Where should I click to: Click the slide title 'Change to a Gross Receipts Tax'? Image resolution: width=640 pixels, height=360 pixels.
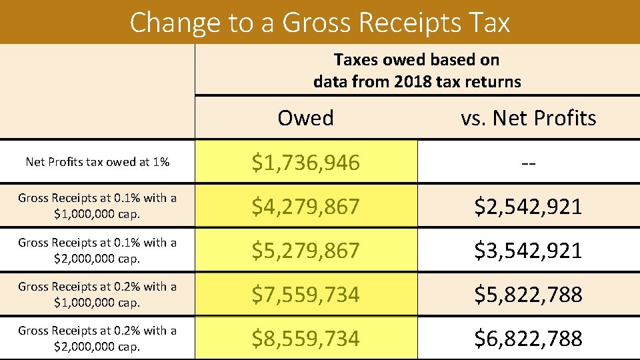320,22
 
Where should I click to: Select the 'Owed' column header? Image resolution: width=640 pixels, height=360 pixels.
305,118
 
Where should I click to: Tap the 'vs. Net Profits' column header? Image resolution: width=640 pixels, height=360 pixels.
528,118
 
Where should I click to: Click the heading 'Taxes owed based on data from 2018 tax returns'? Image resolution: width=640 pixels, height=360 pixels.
417,71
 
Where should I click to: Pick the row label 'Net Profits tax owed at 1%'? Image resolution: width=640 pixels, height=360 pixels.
97,162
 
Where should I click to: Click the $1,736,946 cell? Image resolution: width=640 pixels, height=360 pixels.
305,162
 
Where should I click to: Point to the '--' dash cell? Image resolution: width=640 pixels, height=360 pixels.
528,163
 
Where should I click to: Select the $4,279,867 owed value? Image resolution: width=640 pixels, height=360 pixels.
305,206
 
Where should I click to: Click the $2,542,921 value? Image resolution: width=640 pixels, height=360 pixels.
528,206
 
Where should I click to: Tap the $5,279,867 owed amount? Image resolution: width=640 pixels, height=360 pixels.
305,250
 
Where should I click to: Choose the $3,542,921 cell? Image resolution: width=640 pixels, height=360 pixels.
528,250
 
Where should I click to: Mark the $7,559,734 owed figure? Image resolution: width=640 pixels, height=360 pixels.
305,294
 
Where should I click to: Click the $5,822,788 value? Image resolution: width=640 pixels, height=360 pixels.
528,294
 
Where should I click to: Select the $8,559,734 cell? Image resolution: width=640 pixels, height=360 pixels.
305,338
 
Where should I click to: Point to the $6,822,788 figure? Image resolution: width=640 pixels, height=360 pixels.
528,338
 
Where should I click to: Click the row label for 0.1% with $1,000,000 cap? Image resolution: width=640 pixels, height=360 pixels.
97,206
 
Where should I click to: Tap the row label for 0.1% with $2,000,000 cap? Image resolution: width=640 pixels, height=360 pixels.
97,250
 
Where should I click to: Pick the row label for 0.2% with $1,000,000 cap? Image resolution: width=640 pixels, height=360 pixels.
97,294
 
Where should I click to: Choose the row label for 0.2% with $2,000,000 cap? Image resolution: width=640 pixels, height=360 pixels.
97,338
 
